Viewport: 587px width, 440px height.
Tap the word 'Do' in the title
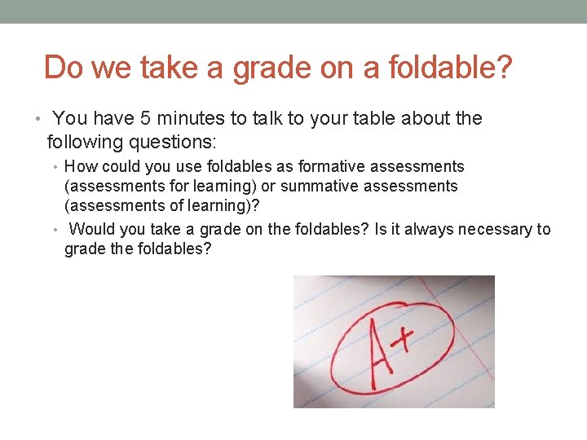point(64,68)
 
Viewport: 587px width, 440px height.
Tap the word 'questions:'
point(174,143)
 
